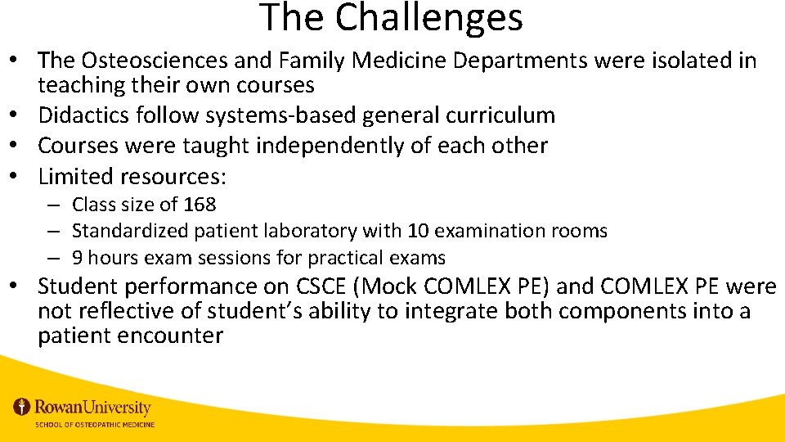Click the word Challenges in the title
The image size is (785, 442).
[x=428, y=18]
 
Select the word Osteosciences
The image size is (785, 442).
[x=159, y=61]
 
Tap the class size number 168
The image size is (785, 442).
[x=200, y=205]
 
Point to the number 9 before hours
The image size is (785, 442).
[x=77, y=258]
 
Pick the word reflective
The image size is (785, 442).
[x=125, y=312]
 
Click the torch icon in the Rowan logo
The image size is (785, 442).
[x=22, y=407]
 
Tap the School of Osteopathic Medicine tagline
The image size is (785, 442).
[x=94, y=424]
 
